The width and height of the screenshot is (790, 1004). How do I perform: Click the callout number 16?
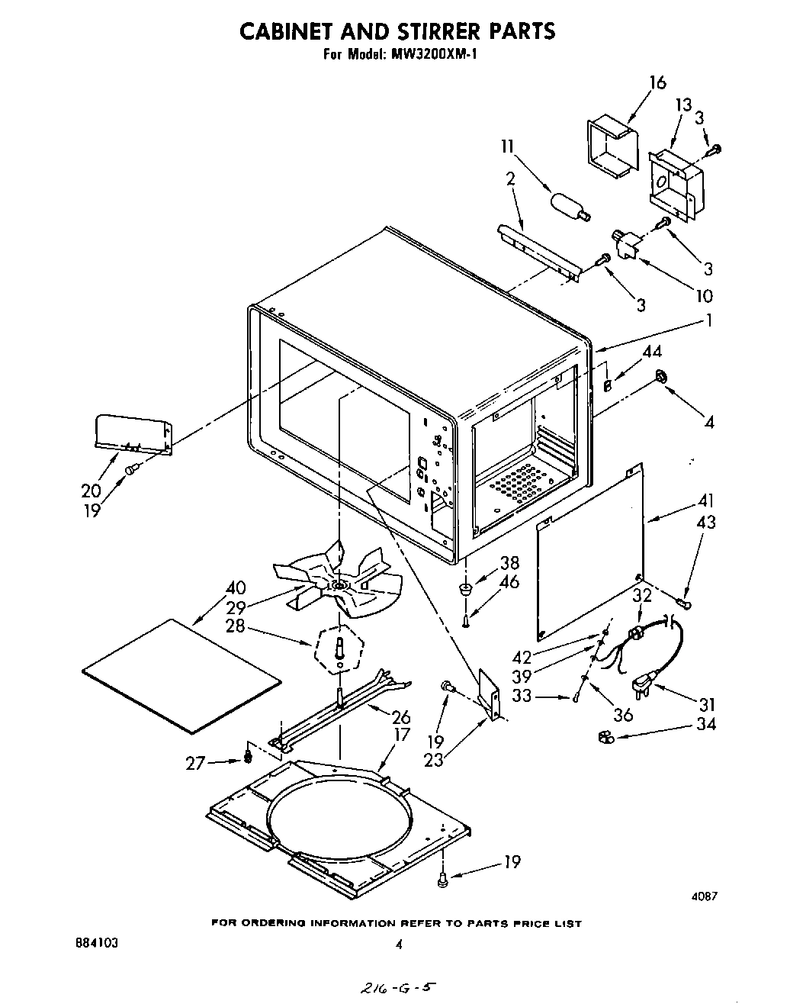tap(657, 83)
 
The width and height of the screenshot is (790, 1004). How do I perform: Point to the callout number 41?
tap(706, 502)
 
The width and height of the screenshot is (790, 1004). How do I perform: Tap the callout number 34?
tap(706, 724)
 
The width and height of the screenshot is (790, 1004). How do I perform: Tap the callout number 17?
tap(402, 735)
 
